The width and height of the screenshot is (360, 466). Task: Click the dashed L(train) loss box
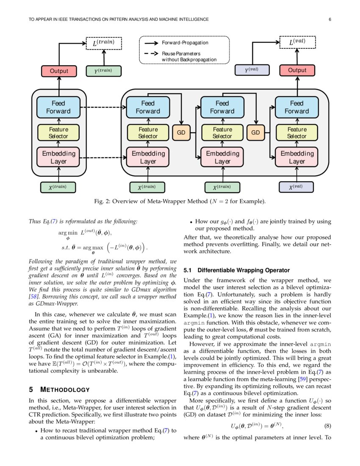[103, 43]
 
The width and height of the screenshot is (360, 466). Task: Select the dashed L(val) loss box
[297, 42]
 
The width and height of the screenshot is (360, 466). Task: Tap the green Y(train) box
[103, 71]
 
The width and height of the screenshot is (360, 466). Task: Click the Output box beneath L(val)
[297, 70]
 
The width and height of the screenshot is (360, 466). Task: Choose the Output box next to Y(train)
[59, 71]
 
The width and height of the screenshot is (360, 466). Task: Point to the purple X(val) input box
[296, 187]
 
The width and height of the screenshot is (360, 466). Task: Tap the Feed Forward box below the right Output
[296, 107]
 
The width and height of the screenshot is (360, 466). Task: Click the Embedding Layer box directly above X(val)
[296, 157]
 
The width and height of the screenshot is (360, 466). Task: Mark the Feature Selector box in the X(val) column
[296, 133]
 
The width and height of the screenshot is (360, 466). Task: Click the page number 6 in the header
[330, 19]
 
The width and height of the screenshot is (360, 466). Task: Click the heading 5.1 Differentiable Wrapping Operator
[236, 270]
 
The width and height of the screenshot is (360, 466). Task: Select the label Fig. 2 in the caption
[102, 201]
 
